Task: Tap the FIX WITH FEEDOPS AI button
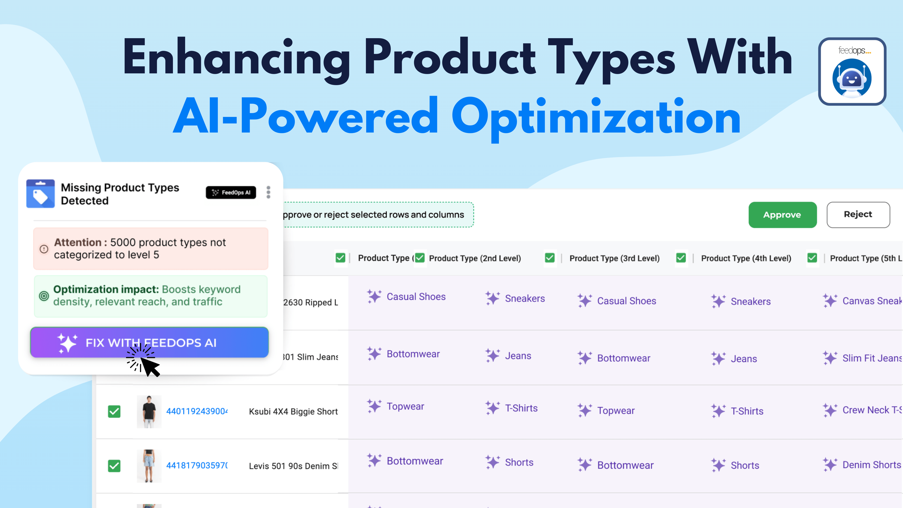(149, 342)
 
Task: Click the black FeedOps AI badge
(231, 192)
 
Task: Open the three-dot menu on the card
(268, 192)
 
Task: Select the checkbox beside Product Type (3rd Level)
(550, 258)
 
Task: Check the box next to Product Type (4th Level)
(681, 258)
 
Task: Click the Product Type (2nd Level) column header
(475, 258)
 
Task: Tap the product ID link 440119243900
(197, 411)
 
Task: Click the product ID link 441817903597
(197, 466)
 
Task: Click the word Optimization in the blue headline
(596, 117)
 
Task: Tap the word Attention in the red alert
(77, 242)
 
